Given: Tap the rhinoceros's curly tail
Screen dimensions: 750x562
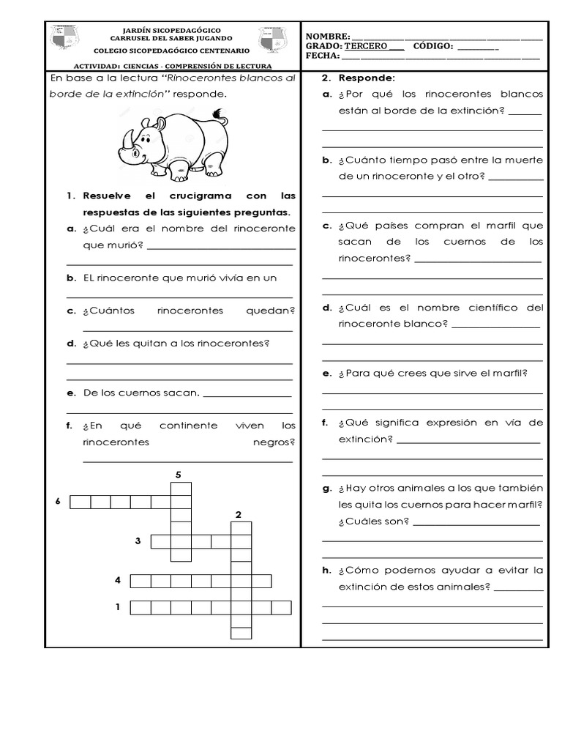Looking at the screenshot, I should pyautogui.click(x=218, y=113).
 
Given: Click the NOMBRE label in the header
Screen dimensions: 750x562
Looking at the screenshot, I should pyautogui.click(x=327, y=37).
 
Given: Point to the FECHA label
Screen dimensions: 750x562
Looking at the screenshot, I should pyautogui.click(x=322, y=56).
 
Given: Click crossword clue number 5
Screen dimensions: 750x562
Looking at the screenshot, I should pyautogui.click(x=178, y=475).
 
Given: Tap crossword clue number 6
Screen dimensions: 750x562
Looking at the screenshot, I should pyautogui.click(x=57, y=502).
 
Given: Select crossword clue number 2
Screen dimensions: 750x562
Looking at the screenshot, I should pyautogui.click(x=239, y=515).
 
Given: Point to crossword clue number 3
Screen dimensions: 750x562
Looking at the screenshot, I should pyautogui.click(x=137, y=541).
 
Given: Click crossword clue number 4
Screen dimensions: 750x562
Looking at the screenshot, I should pyautogui.click(x=117, y=581).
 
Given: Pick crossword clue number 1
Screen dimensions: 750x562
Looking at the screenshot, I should pyautogui.click(x=117, y=606).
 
